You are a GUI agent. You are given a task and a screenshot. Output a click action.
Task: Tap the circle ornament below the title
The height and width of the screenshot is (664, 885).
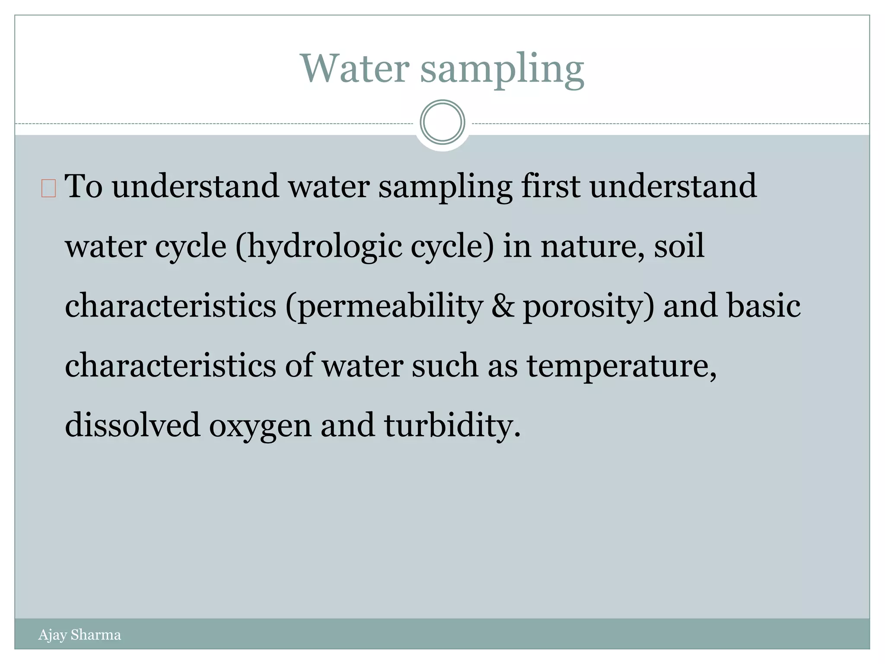click(442, 122)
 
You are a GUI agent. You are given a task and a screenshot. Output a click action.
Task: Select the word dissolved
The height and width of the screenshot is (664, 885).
click(133, 425)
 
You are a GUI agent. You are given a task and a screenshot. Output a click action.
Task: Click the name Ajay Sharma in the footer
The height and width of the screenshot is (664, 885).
click(80, 635)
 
